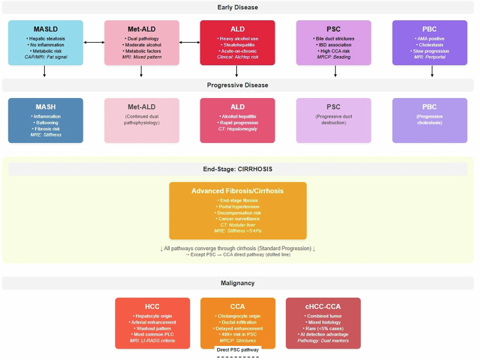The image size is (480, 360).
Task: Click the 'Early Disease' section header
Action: (x=238, y=8)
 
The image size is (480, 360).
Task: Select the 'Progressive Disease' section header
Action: (x=238, y=85)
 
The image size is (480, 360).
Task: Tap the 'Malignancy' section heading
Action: (x=238, y=283)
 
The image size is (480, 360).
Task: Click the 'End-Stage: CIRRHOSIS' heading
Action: (x=238, y=169)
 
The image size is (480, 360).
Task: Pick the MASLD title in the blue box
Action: (x=46, y=29)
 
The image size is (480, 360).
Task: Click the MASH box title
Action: (x=46, y=106)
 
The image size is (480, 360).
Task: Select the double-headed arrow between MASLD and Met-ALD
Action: (x=93, y=43)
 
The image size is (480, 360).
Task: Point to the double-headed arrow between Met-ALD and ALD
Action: (x=189, y=43)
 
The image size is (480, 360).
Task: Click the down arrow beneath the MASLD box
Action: (x=46, y=71)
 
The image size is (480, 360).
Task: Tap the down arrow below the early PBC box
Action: (x=429, y=71)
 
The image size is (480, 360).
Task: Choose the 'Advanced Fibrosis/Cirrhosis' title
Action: (x=238, y=191)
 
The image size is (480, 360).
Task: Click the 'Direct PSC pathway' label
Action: (x=238, y=348)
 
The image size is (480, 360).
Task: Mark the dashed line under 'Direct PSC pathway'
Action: (x=238, y=356)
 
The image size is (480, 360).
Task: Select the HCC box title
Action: (x=152, y=306)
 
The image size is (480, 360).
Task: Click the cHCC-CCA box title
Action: (x=323, y=306)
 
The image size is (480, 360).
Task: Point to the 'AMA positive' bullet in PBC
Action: (x=429, y=38)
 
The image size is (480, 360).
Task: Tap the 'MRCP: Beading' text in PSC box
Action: (x=333, y=57)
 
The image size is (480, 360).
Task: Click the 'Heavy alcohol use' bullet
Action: (x=238, y=38)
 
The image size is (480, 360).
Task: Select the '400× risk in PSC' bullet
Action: (x=238, y=335)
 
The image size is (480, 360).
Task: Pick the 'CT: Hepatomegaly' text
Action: (x=238, y=128)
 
